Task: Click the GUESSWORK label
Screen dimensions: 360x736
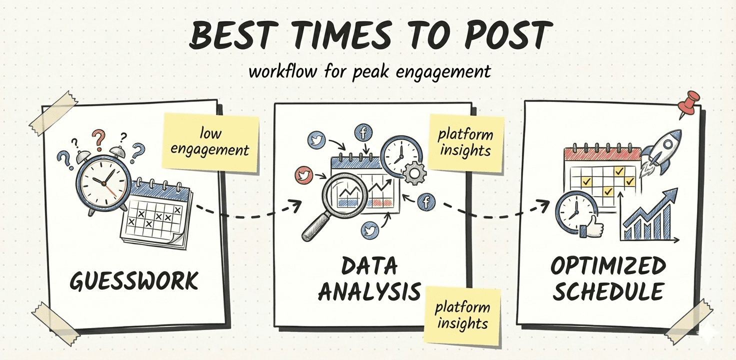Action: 134,281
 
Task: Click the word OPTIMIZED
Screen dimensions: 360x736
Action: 608,266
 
